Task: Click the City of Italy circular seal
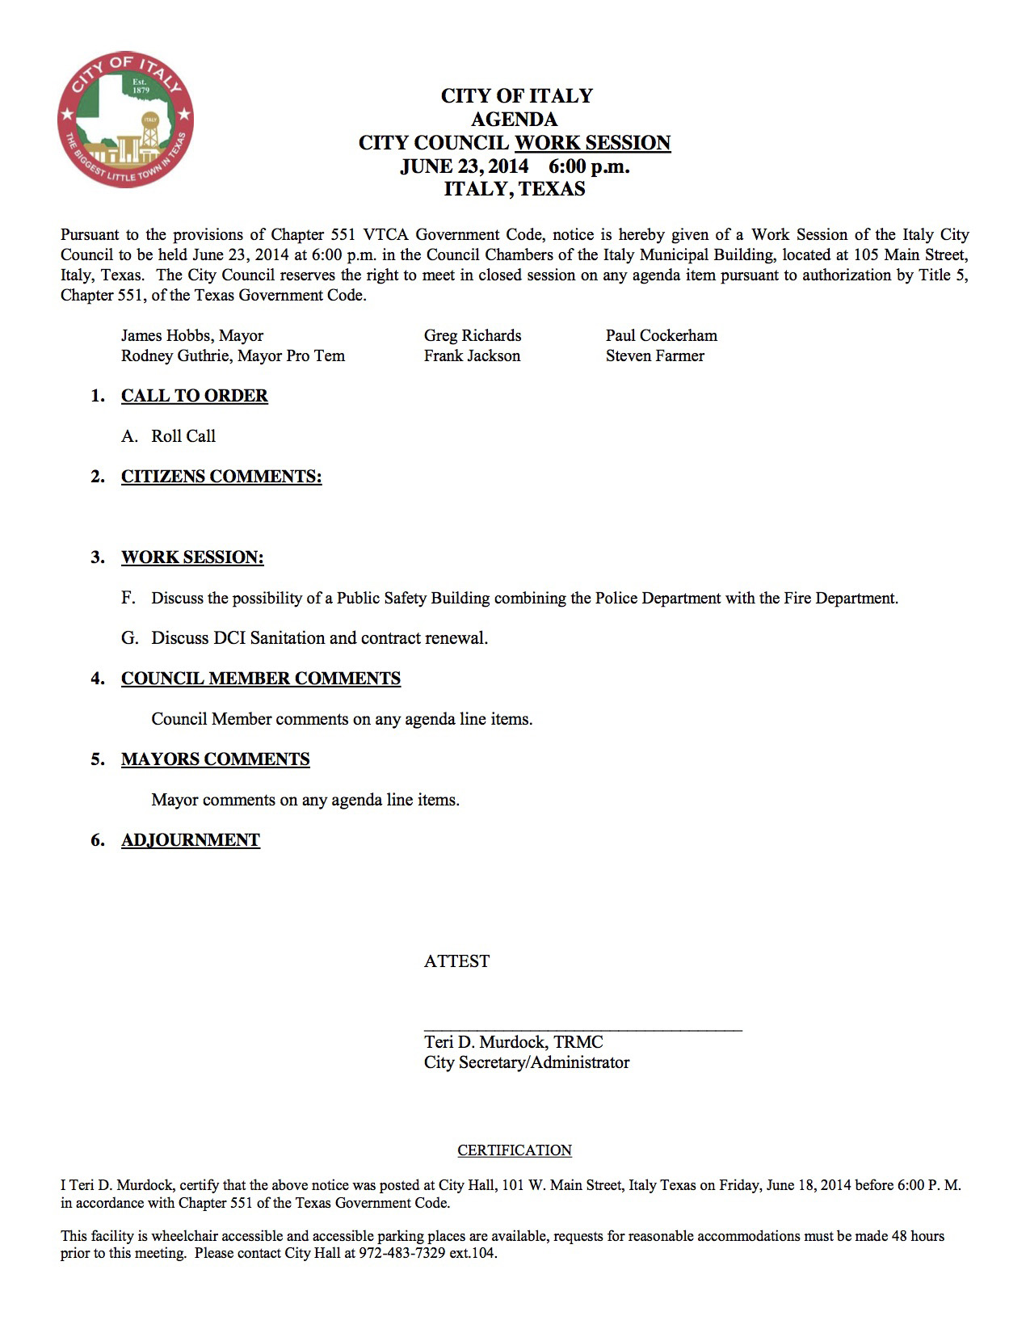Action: [125, 120]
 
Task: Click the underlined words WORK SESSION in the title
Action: [592, 143]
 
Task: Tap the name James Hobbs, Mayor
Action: [192, 335]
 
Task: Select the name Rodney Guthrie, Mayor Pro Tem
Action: [233, 355]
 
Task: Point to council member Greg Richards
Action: [473, 335]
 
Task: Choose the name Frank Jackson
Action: [472, 355]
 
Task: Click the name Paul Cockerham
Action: [661, 335]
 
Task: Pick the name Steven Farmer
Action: [654, 355]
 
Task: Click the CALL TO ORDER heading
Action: [195, 396]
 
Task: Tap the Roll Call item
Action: [183, 436]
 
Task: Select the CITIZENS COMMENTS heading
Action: [221, 477]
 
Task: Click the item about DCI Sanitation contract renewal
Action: [319, 638]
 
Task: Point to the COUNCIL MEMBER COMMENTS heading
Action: [261, 679]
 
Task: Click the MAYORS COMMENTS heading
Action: [216, 759]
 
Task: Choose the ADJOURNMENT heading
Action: [191, 840]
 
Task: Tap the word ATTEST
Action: [456, 961]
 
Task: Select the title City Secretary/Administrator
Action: [527, 1062]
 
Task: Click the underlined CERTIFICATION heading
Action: [515, 1150]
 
